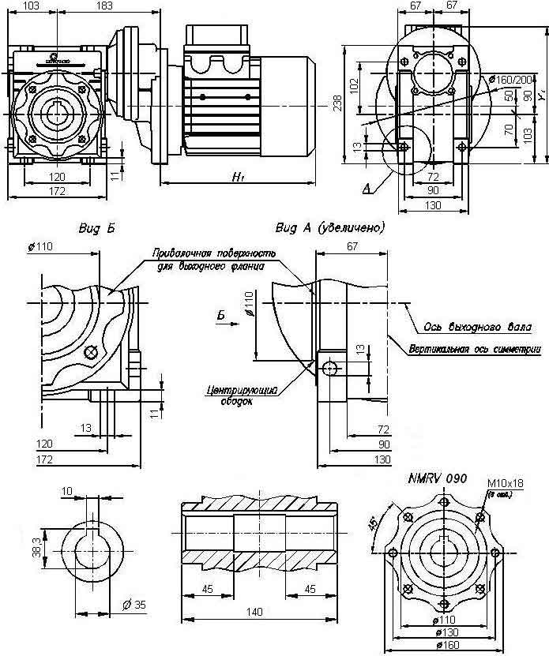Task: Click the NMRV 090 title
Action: pos(437,478)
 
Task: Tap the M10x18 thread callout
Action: pos(506,483)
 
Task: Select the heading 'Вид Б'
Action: pos(97,228)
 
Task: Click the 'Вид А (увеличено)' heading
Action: pos(330,228)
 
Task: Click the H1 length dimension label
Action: pos(237,178)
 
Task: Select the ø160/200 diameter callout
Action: pos(510,79)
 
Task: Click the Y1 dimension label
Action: pos(541,95)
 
